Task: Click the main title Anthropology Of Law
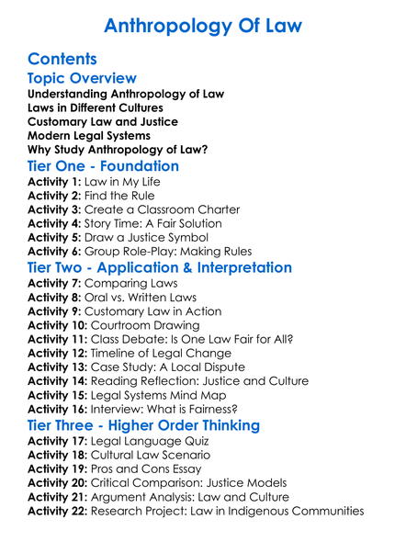pos(203,25)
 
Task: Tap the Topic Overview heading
pos(83,78)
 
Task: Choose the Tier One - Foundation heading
pos(104,167)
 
